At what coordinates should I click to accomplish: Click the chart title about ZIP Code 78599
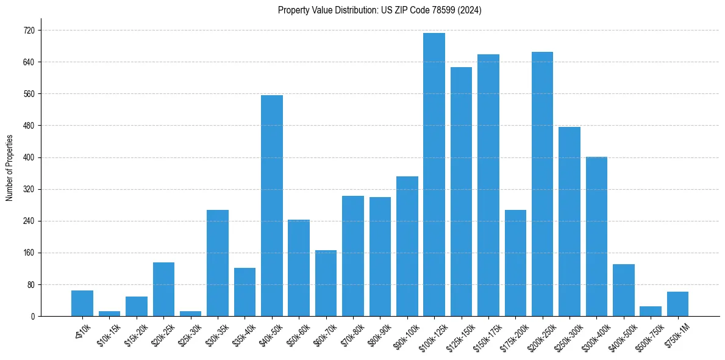[379, 10]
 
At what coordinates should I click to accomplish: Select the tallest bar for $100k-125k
[434, 175]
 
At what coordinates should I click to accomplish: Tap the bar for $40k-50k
[272, 206]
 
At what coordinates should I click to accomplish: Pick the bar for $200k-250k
[542, 184]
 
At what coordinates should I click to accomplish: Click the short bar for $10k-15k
[109, 314]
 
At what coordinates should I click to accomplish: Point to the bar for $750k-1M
[677, 304]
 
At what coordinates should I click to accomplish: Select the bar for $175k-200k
[515, 263]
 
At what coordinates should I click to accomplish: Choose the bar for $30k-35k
[218, 263]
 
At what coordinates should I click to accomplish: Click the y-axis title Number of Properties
[10, 168]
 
